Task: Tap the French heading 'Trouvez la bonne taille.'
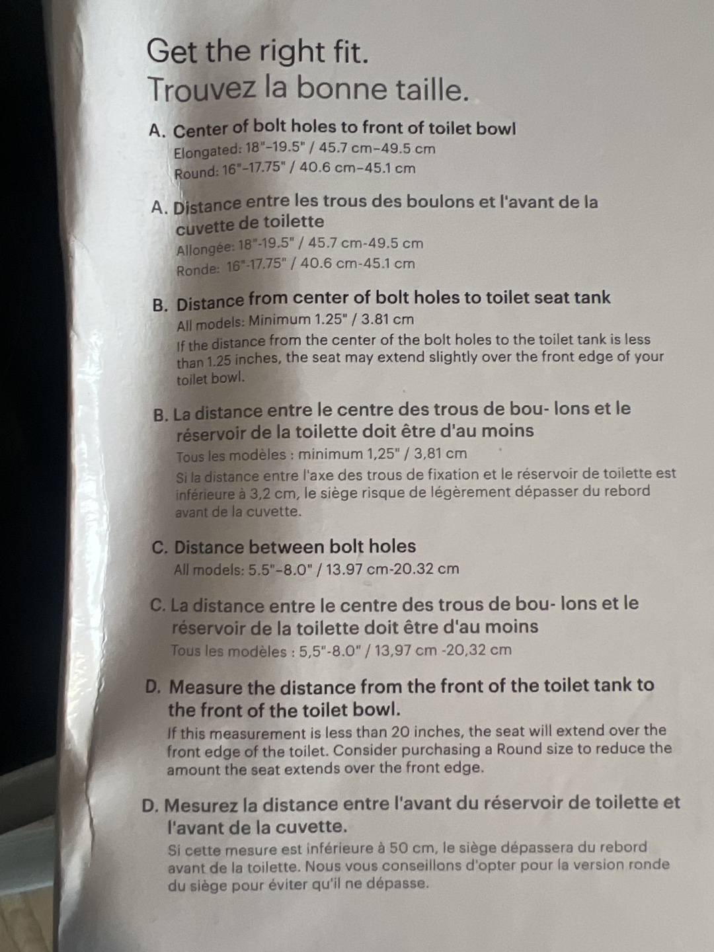coord(308,89)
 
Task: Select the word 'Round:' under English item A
coord(196,173)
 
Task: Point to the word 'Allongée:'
coord(205,249)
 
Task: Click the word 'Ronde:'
coord(198,270)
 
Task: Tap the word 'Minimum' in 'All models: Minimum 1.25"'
coord(279,321)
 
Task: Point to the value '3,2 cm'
coord(271,494)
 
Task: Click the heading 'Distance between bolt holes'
coord(295,547)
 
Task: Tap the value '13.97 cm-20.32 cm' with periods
coord(392,569)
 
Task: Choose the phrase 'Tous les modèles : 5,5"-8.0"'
coord(264,651)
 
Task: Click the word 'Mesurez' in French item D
coord(202,806)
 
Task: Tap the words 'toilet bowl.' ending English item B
coord(210,379)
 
